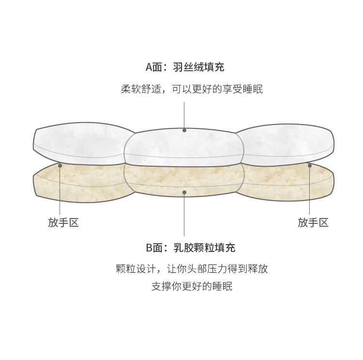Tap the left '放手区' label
tap(63, 222)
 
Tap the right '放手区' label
tap(313, 222)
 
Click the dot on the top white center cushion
tap(184, 130)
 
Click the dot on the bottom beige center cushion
tap(184, 192)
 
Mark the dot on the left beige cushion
tap(60, 165)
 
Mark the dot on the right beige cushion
tap(310, 165)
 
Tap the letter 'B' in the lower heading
tap(149, 248)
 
